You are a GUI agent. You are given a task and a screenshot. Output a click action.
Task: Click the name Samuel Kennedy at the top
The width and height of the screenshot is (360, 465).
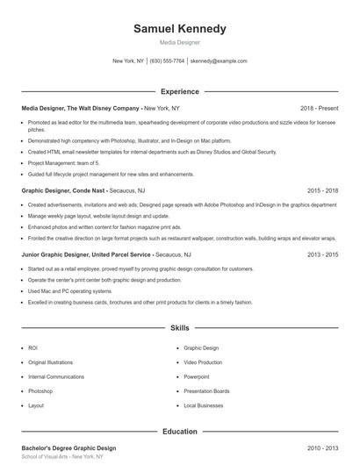coord(179,28)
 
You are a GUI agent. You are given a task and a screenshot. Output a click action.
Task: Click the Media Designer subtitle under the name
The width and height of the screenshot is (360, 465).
coord(179,42)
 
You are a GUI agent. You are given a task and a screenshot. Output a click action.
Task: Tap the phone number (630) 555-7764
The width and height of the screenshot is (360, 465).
coord(167,61)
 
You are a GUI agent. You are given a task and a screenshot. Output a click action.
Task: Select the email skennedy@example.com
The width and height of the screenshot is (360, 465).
coord(219,61)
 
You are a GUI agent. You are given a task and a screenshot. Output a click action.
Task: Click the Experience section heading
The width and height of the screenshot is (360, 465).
coord(179,91)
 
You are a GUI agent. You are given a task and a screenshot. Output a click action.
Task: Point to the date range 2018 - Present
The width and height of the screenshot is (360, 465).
coord(319,107)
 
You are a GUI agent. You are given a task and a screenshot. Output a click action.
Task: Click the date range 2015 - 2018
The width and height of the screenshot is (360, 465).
coord(322,190)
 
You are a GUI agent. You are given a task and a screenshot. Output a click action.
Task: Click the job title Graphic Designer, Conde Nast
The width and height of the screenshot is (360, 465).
coord(65,190)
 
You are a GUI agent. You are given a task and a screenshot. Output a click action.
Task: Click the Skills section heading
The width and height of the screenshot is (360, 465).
coord(179,328)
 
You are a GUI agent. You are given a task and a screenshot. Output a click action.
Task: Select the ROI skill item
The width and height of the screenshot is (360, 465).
coord(32,347)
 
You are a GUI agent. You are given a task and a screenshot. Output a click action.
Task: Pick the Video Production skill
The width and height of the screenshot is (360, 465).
coord(203,361)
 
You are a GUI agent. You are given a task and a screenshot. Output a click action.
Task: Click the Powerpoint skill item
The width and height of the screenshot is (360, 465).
coord(197,376)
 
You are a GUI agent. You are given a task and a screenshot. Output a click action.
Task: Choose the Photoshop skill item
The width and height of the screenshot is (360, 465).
coord(40,390)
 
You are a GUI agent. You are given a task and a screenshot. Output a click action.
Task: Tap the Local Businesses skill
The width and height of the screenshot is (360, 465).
coord(203,405)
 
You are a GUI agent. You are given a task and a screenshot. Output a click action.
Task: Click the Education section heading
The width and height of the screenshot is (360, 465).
coord(179,432)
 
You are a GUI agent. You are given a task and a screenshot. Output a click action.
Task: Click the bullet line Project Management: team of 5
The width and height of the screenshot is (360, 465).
coord(63,163)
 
